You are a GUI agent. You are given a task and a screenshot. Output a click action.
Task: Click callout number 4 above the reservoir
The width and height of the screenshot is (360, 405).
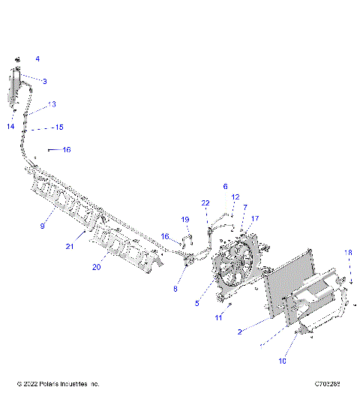click(x=37, y=58)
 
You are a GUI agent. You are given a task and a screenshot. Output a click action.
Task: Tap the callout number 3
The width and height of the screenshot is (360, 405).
click(x=44, y=81)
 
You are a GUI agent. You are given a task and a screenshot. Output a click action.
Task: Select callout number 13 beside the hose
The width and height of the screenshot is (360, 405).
click(x=52, y=104)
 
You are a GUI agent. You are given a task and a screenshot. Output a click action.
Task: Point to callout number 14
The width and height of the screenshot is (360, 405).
click(x=10, y=127)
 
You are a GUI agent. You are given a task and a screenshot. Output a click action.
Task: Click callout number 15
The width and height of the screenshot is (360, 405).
click(x=59, y=127)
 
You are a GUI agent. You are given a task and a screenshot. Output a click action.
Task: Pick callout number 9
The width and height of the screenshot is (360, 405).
click(x=42, y=225)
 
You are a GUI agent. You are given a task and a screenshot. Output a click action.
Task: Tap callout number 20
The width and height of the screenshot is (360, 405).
click(x=95, y=266)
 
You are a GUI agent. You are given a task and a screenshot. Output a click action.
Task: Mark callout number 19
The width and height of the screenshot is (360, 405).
click(x=185, y=219)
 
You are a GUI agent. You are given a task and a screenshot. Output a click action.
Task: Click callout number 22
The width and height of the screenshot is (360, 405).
click(x=205, y=203)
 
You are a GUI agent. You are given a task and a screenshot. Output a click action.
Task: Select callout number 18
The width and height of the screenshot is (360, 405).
click(x=347, y=252)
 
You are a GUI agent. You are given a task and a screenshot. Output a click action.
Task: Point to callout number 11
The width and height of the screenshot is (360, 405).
click(x=219, y=318)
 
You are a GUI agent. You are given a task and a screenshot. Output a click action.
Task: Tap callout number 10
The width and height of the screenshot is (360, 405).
click(x=283, y=361)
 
